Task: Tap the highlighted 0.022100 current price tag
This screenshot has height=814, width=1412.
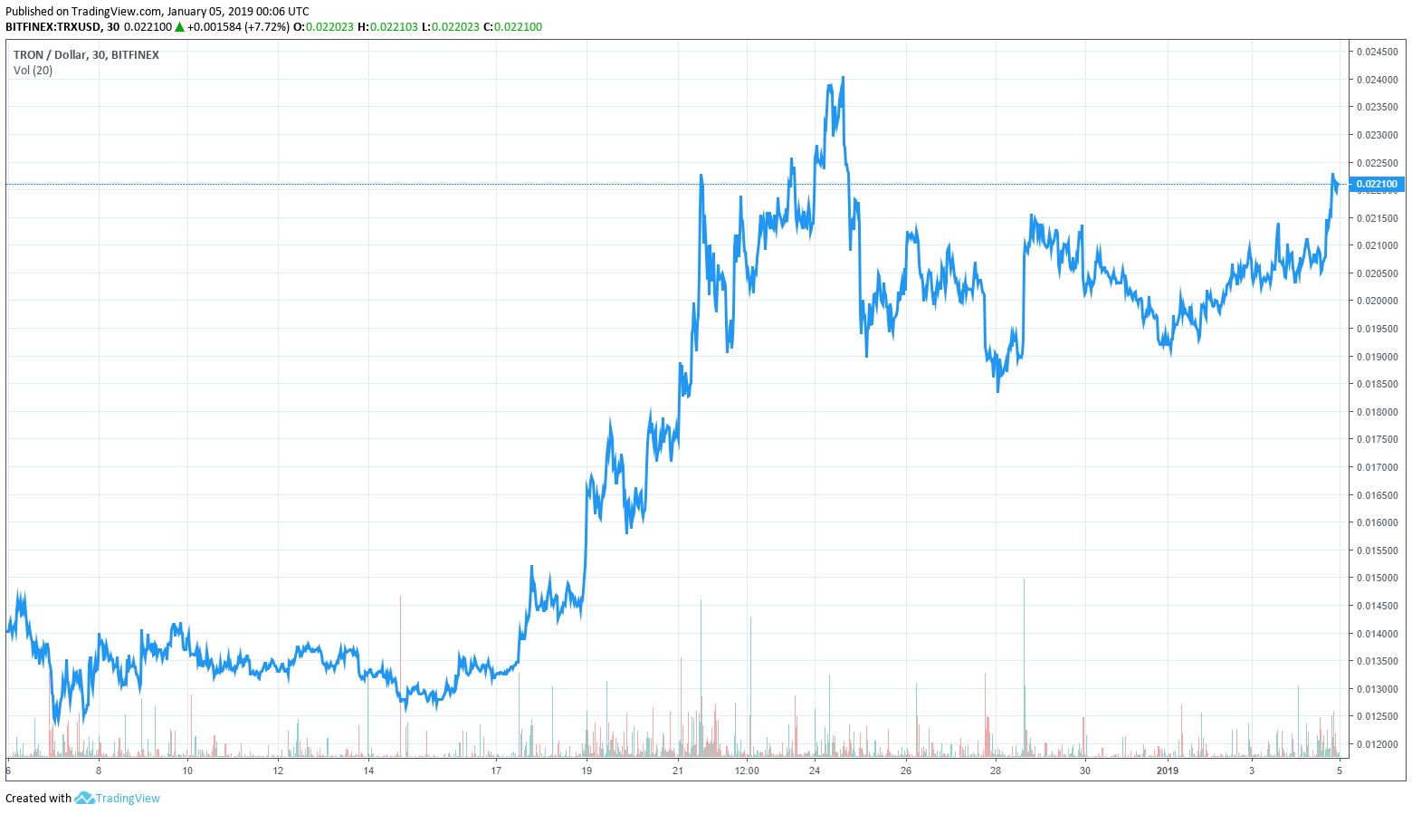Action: (1376, 184)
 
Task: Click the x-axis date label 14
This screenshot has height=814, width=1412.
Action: (368, 771)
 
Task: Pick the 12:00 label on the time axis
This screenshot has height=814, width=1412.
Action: (747, 771)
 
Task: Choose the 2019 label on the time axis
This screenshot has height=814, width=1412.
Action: (1168, 771)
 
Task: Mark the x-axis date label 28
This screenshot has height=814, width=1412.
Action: (995, 771)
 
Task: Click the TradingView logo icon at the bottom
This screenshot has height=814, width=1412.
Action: (84, 798)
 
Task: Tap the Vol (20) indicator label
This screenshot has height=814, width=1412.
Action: (33, 71)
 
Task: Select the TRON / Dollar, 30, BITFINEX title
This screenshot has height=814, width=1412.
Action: (86, 55)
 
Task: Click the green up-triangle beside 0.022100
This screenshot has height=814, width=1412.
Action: (180, 27)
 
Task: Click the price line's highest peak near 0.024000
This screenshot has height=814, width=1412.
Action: (844, 78)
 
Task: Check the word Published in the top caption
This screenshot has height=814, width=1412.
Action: (30, 12)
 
